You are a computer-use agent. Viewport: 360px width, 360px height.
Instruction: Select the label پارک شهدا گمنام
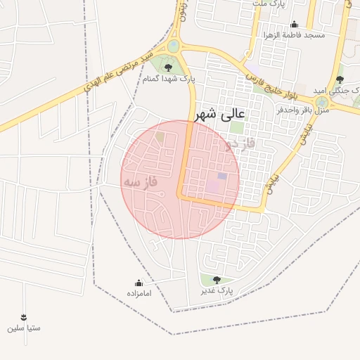(x=168, y=79)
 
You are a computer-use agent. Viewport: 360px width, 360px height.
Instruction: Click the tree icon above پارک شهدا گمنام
(x=168, y=67)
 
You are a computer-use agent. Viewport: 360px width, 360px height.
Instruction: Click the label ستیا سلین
(x=25, y=328)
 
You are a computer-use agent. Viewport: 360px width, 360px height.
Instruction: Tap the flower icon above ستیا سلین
(x=25, y=317)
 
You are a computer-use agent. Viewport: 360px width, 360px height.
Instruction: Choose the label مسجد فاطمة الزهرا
(x=295, y=34)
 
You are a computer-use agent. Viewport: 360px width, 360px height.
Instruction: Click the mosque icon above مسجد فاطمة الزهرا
(x=294, y=24)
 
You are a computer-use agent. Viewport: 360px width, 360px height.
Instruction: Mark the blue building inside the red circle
(x=222, y=176)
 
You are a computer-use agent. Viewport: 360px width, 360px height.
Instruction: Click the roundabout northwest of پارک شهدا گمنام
(x=173, y=46)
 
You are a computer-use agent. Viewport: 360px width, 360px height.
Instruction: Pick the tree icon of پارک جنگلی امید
(x=340, y=79)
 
